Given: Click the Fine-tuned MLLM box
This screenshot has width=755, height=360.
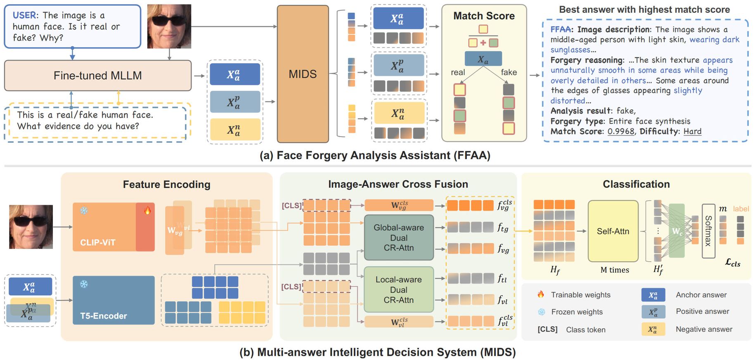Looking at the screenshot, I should pos(98,76).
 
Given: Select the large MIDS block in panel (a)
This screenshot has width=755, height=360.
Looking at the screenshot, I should pos(303,74).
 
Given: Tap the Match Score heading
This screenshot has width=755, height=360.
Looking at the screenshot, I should pos(484,16).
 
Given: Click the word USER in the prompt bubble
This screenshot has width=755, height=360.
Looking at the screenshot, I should pos(24,15).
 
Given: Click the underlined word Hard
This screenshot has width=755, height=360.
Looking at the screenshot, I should pos(692,131).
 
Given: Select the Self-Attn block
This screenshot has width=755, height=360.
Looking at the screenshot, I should pos(613,231).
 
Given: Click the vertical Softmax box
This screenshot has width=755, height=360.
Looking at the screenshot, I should pos(708,231).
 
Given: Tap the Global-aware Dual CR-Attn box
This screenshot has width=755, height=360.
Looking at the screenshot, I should pos(398,237).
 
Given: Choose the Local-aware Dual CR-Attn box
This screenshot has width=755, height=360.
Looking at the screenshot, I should pos(398,289).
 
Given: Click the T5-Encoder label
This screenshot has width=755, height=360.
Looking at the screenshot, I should pos(104,316).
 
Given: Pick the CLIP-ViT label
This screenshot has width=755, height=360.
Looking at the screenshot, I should pos(98,242).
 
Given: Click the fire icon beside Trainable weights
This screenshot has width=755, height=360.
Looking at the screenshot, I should pos(541,294).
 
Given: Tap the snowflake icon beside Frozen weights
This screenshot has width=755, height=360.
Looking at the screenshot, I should pos(541,312).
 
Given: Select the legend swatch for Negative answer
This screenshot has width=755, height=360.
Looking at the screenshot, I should pos(653,329).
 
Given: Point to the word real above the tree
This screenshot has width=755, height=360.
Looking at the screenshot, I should pos(458,72).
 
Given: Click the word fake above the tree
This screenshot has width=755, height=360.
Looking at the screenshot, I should pos(509,72).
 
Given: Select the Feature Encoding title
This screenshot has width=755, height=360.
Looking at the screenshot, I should pos(166,185).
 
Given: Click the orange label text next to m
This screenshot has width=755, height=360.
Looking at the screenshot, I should pos(741,209).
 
